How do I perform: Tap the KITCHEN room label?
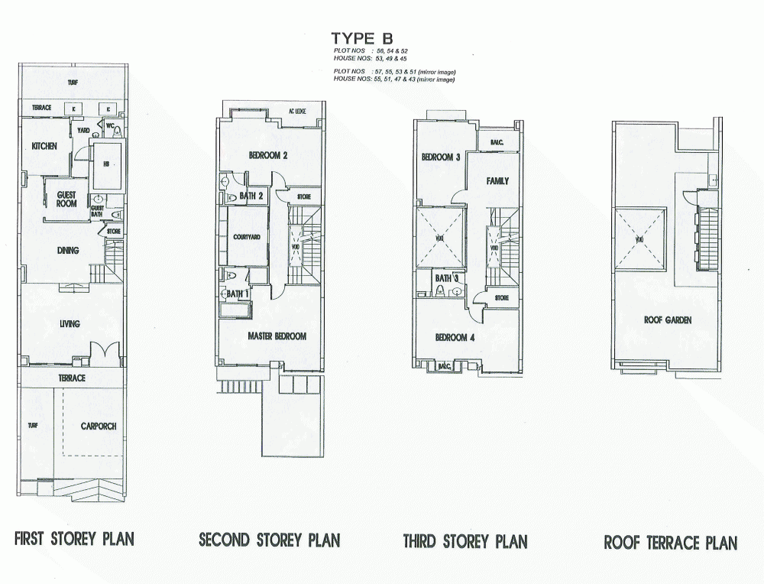pyautogui.click(x=44, y=147)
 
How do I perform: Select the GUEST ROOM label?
pyautogui.click(x=66, y=199)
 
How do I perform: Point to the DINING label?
pyautogui.click(x=70, y=249)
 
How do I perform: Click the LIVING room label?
pyautogui.click(x=70, y=324)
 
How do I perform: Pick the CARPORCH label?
pyautogui.click(x=99, y=426)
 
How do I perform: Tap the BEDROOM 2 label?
pyautogui.click(x=267, y=156)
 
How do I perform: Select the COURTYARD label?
pyautogui.click(x=247, y=237)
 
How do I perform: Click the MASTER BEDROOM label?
pyautogui.click(x=277, y=336)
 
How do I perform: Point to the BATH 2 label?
pyautogui.click(x=251, y=196)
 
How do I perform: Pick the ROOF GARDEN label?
pyautogui.click(x=667, y=320)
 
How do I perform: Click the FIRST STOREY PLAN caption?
pyautogui.click(x=74, y=539)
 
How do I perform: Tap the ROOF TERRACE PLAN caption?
pyautogui.click(x=670, y=543)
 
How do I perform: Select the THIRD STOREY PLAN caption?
pyautogui.click(x=465, y=542)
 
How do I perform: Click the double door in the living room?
pyautogui.click(x=104, y=353)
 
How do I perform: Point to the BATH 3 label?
pyautogui.click(x=446, y=278)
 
